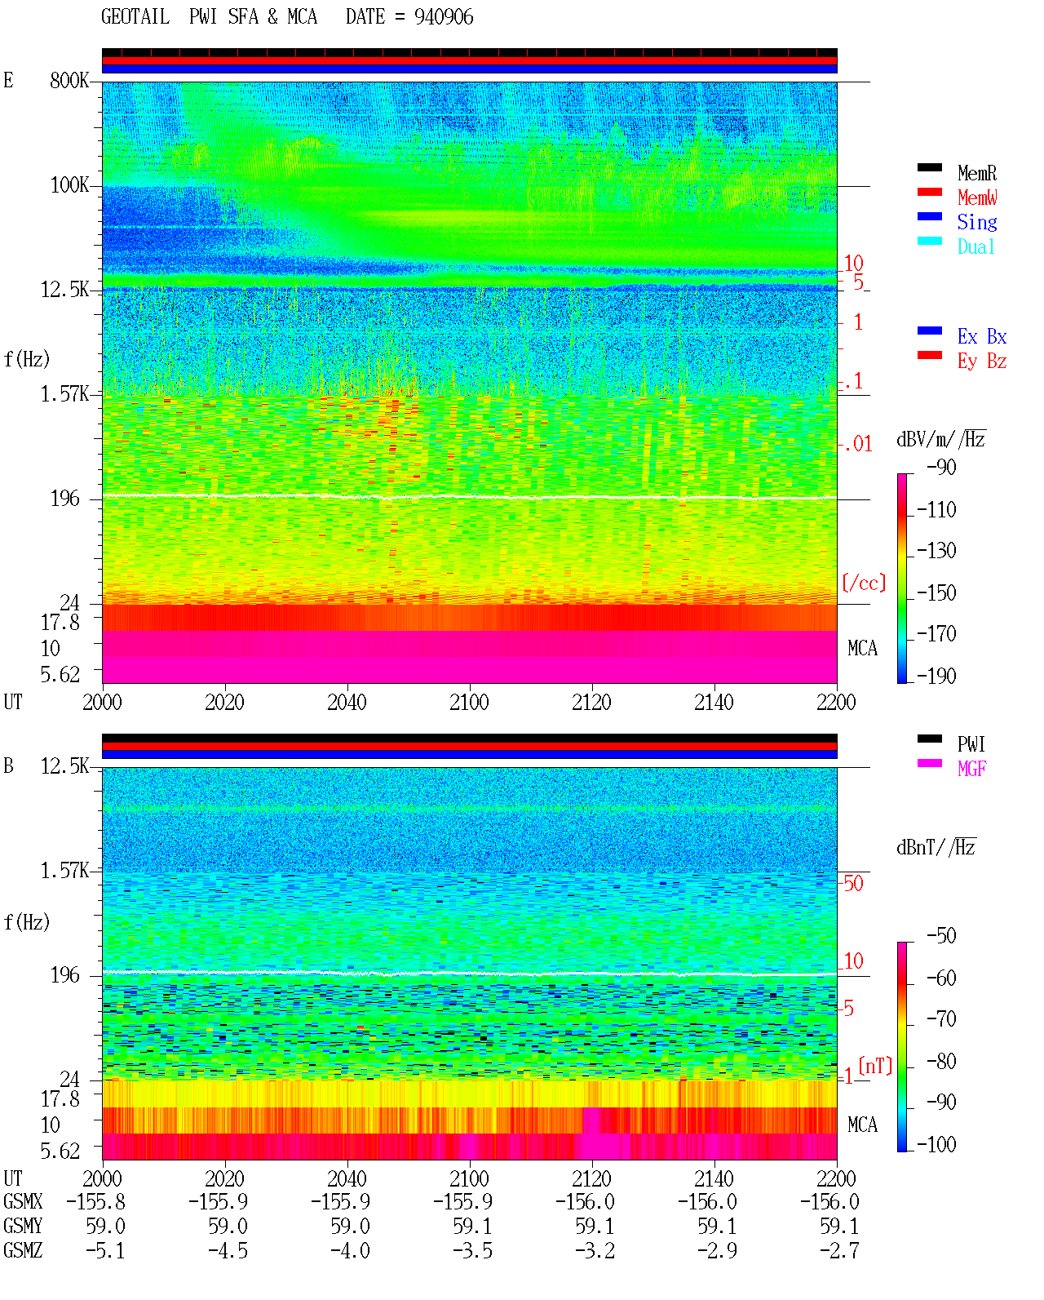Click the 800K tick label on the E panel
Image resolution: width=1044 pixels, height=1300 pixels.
69,80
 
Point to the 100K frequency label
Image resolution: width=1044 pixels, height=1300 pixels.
69,185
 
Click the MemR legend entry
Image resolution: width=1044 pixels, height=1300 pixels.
977,173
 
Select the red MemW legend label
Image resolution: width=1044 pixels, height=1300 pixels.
977,197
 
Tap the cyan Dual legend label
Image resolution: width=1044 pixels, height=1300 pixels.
976,246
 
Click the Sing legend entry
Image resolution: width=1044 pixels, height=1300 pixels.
977,222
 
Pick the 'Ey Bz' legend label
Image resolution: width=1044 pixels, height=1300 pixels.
982,362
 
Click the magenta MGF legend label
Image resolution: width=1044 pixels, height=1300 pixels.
971,769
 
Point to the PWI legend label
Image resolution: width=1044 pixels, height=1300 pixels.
971,744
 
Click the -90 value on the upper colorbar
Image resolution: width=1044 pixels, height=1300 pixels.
941,468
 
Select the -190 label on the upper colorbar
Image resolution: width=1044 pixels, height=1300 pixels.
936,676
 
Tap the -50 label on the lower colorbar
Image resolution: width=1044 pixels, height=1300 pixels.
941,936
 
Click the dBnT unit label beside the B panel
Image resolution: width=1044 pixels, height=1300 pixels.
936,848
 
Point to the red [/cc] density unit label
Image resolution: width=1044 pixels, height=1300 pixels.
864,583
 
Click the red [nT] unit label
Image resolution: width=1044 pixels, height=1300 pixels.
875,1066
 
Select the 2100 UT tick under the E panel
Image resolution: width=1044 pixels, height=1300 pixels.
469,702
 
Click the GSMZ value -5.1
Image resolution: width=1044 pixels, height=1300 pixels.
105,1250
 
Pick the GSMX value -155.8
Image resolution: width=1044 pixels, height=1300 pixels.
95,1201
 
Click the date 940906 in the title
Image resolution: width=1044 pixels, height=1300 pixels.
444,17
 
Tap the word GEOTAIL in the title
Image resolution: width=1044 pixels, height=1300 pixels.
135,17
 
